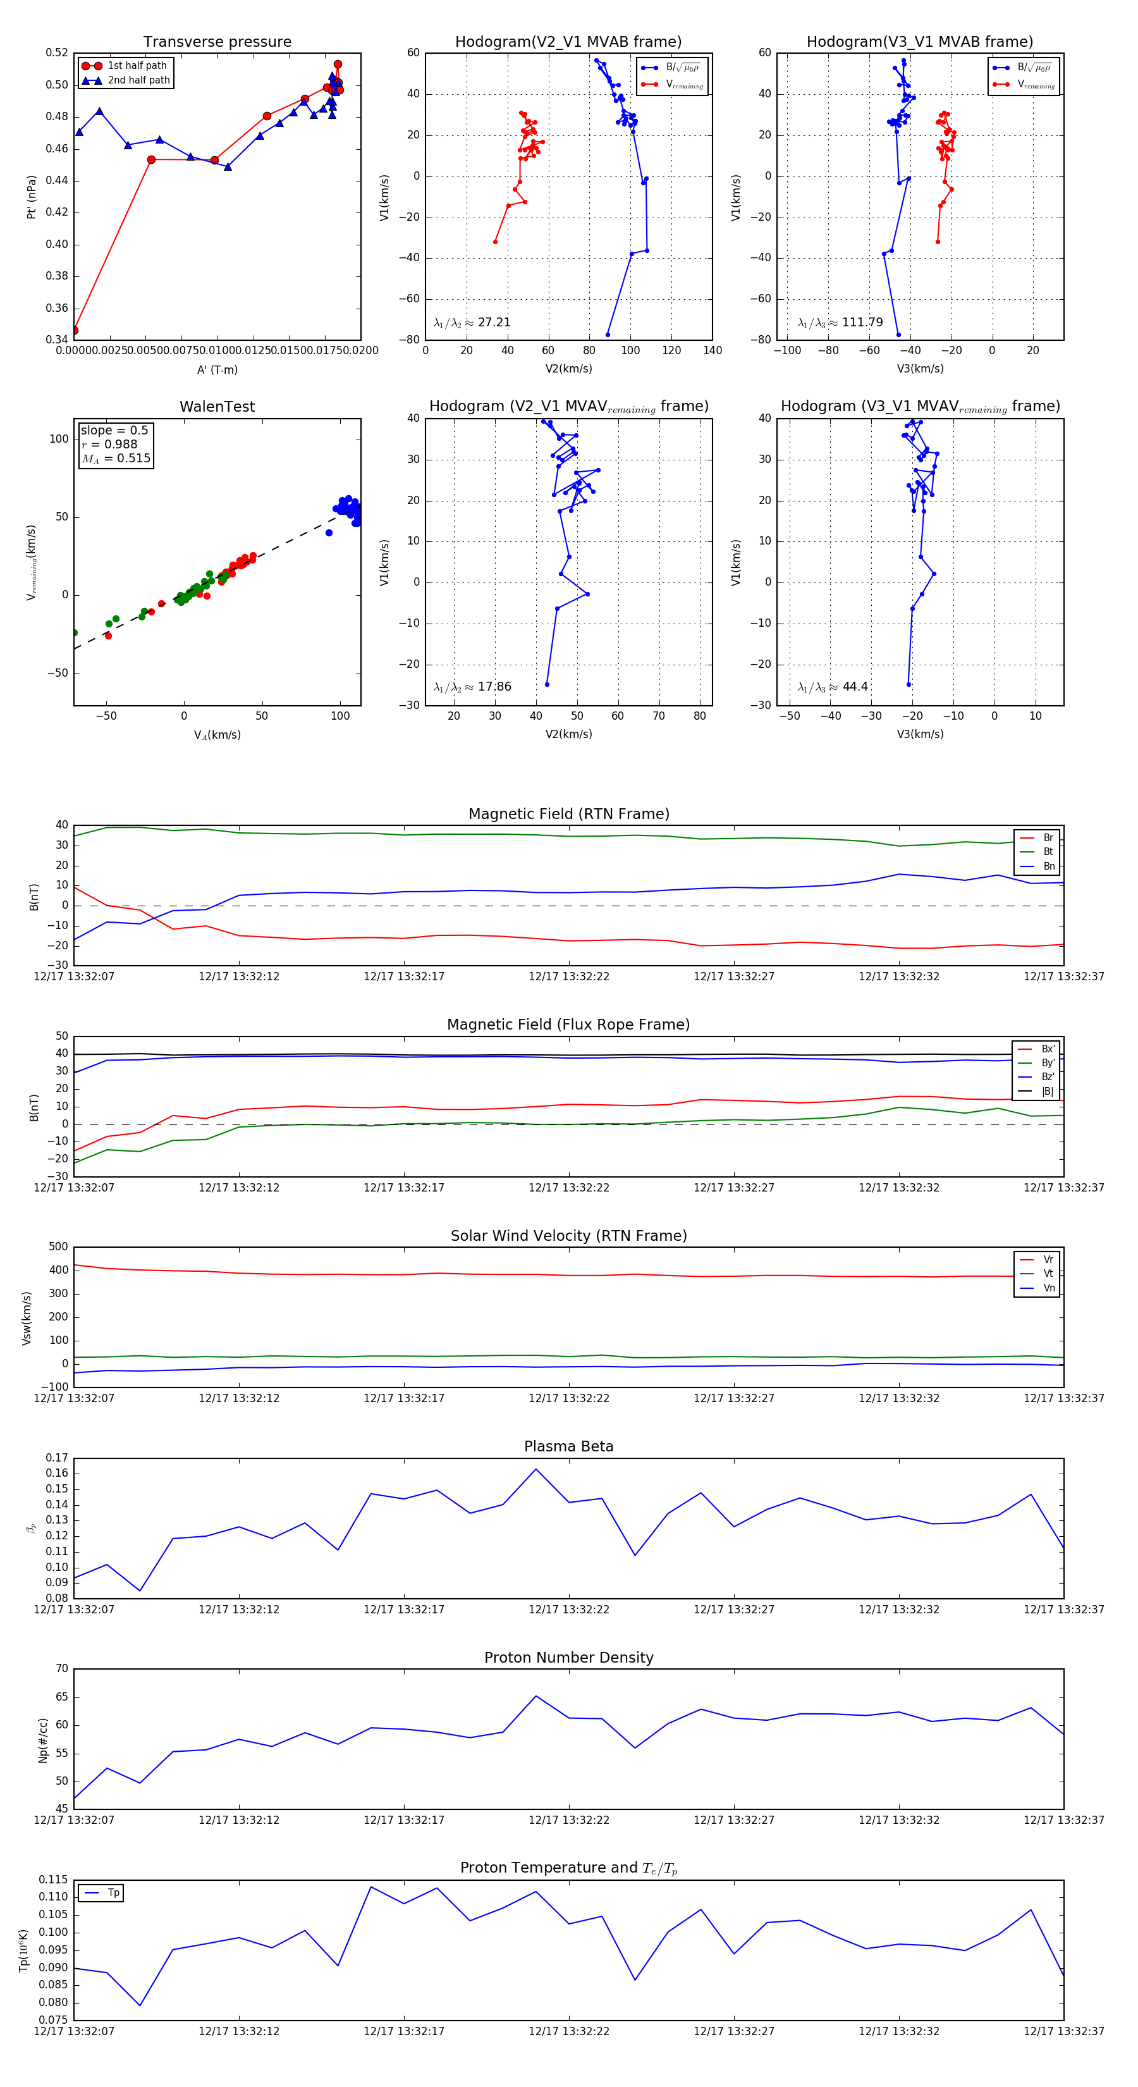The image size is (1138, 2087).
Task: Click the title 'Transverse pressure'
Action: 217,42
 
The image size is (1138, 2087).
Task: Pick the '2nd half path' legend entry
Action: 138,80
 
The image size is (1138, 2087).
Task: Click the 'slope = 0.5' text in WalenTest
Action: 114,430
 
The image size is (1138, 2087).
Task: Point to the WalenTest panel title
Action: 217,407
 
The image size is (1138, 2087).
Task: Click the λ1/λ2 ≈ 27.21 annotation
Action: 472,323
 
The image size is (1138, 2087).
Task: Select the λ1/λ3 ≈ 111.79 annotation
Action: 840,323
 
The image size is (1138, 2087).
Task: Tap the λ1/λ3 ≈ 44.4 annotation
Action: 833,687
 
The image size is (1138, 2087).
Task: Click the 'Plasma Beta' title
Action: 568,1446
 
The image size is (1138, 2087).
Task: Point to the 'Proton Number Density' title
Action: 568,1657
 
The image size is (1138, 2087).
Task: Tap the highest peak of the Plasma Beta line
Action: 535,1469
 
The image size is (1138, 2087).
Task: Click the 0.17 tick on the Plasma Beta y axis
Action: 57,1458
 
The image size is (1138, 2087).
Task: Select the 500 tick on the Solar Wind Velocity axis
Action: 58,1247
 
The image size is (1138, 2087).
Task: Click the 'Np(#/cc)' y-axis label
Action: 43,1739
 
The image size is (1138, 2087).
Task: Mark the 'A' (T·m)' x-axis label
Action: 217,369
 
